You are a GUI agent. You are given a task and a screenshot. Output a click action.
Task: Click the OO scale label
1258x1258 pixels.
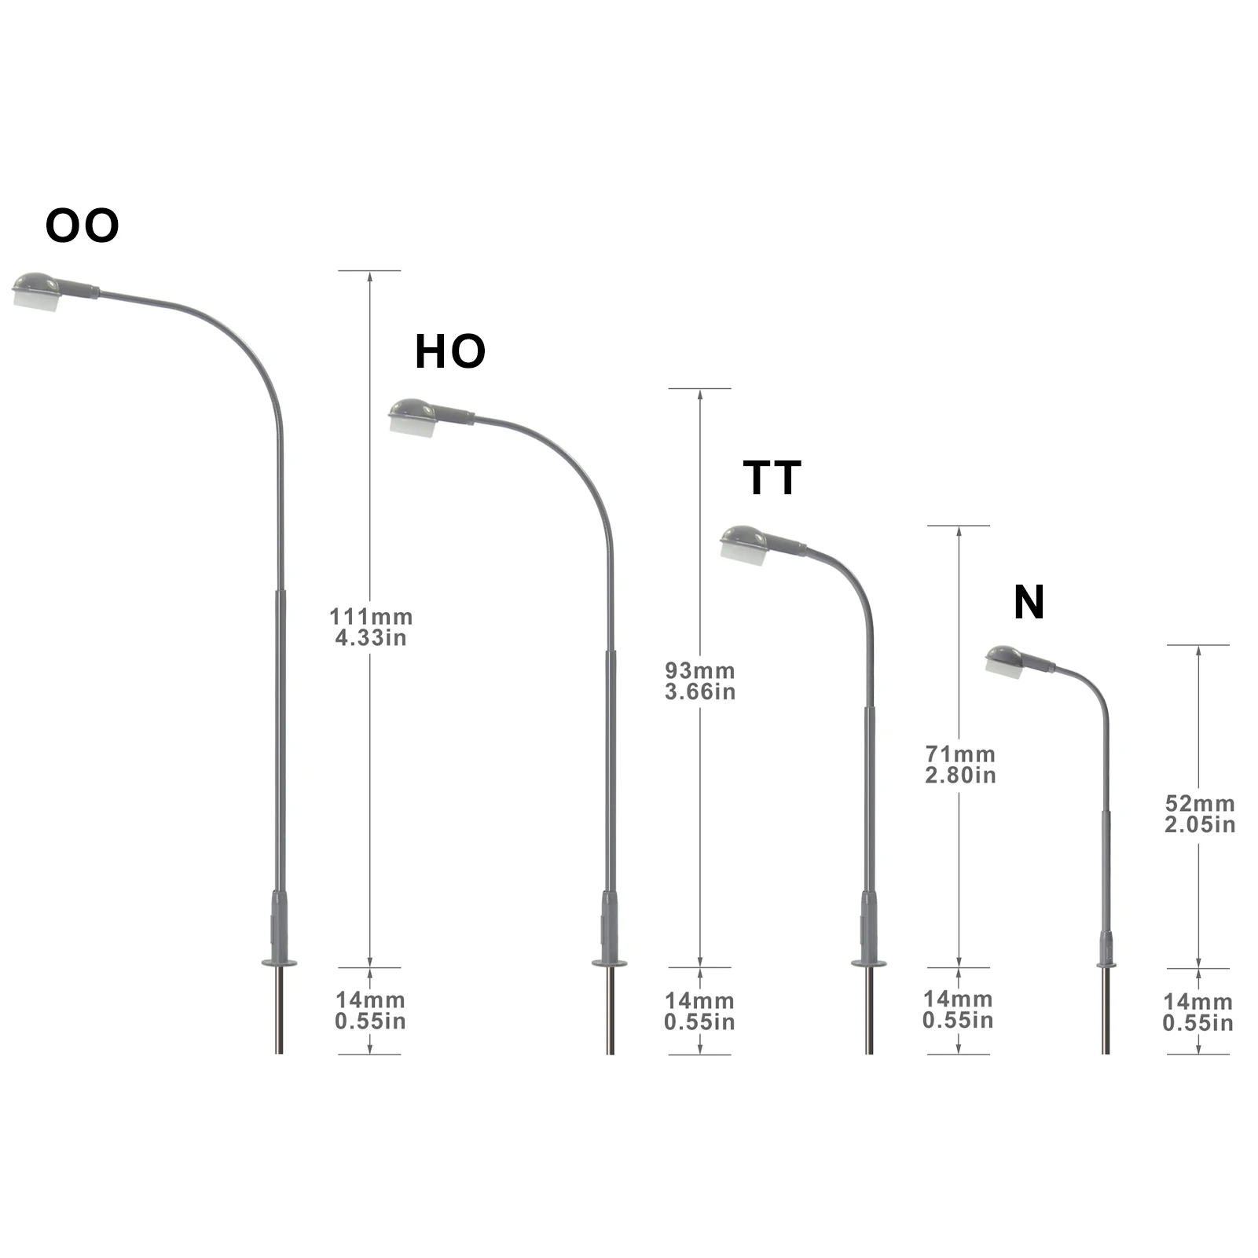(x=83, y=226)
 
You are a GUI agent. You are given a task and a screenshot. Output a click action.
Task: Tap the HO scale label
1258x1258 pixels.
(x=449, y=351)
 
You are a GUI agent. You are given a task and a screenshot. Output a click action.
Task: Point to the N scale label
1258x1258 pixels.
(x=1029, y=603)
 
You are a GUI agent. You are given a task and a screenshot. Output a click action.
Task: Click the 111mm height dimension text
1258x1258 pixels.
(x=371, y=617)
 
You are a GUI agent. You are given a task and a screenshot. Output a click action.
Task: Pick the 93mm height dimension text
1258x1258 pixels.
(x=700, y=670)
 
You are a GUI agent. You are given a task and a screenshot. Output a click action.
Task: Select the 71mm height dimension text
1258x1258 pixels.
(x=960, y=754)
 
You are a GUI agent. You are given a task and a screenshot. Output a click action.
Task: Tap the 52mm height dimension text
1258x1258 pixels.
(x=1200, y=803)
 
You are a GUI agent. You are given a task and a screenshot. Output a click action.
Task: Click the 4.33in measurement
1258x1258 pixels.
(x=371, y=637)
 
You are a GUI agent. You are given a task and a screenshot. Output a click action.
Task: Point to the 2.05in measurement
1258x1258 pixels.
(x=1200, y=824)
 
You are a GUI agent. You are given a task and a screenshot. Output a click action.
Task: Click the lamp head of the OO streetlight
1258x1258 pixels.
(x=38, y=292)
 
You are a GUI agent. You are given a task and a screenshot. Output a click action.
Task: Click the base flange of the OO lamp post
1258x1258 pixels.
(x=279, y=962)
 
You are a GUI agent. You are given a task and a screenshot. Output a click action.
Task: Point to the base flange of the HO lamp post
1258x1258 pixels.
(x=610, y=963)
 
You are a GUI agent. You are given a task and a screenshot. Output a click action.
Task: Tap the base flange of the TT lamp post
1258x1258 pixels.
(x=869, y=963)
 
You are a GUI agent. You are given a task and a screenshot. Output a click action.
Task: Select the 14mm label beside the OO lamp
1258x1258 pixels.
(x=370, y=1000)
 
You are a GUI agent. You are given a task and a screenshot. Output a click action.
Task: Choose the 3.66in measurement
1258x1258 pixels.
(x=700, y=691)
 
